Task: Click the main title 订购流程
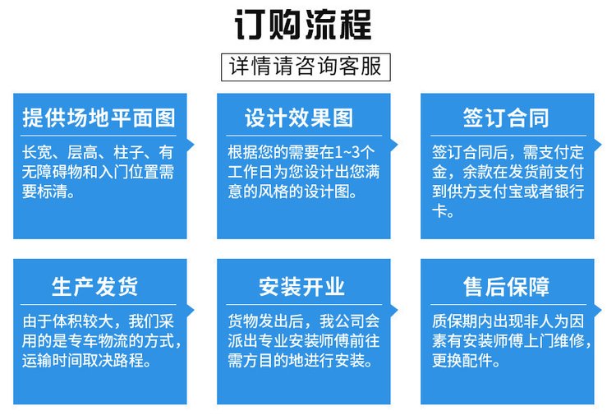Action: (x=303, y=25)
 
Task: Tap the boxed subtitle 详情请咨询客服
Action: (x=306, y=67)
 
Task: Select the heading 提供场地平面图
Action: (x=99, y=118)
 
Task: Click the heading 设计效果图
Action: (x=299, y=118)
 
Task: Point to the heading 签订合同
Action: (x=506, y=118)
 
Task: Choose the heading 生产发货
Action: (x=94, y=286)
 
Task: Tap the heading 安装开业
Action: (x=301, y=286)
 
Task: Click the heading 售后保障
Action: (x=506, y=286)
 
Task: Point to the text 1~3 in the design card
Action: (x=347, y=152)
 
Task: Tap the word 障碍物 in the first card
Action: (x=60, y=172)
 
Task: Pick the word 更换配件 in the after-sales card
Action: (x=462, y=360)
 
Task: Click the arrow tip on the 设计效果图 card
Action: (x=398, y=145)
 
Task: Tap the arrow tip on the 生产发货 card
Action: (x=194, y=311)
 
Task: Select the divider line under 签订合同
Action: (x=508, y=136)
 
